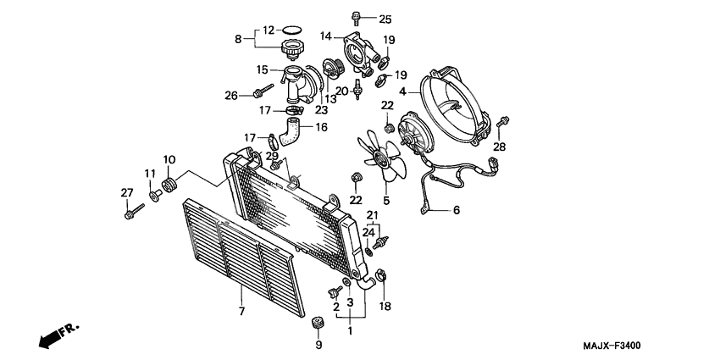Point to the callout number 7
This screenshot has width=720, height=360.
pyautogui.click(x=241, y=313)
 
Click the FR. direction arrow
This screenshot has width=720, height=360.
pyautogui.click(x=58, y=335)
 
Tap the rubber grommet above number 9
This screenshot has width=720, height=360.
pyautogui.click(x=318, y=323)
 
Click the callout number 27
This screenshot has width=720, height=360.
pyautogui.click(x=126, y=193)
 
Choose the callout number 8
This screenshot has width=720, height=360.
pyautogui.click(x=238, y=38)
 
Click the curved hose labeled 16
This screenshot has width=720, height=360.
pyautogui.click(x=292, y=130)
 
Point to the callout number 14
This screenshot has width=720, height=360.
pyautogui.click(x=326, y=36)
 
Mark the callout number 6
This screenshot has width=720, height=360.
pyautogui.click(x=456, y=210)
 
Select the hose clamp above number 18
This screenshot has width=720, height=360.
pyautogui.click(x=382, y=274)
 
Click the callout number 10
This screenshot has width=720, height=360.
pyautogui.click(x=169, y=159)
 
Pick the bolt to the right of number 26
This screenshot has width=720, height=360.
pyautogui.click(x=260, y=91)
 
